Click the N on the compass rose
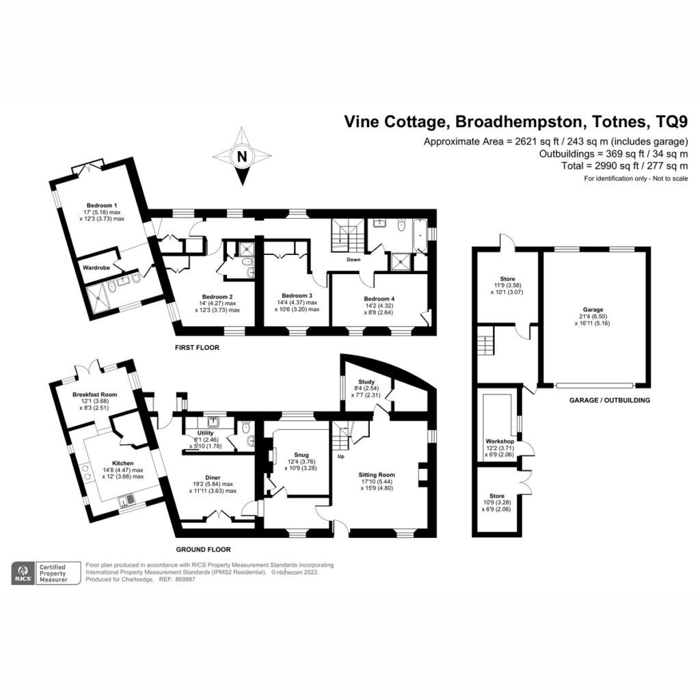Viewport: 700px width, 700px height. [x=242, y=157]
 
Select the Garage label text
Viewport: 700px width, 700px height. [x=593, y=310]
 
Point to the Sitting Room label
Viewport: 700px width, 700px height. [x=377, y=474]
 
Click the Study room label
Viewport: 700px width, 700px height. [x=366, y=381]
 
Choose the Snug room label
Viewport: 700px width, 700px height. [x=301, y=455]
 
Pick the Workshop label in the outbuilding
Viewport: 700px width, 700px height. [x=500, y=441]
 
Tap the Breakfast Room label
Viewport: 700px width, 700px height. [x=94, y=394]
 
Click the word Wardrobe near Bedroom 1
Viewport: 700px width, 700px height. [x=96, y=268]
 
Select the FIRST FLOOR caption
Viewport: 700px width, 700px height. [x=197, y=347]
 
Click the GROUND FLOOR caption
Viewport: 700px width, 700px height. [x=203, y=549]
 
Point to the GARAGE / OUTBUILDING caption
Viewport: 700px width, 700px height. [x=609, y=400]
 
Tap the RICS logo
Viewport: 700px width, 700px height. [x=23, y=574]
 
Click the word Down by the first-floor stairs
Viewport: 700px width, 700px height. [x=353, y=259]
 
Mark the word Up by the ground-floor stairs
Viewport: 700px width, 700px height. [x=340, y=456]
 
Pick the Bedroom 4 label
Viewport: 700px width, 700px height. [x=379, y=299]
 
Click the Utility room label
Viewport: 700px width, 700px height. [x=205, y=433]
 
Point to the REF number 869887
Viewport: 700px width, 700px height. [x=187, y=580]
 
